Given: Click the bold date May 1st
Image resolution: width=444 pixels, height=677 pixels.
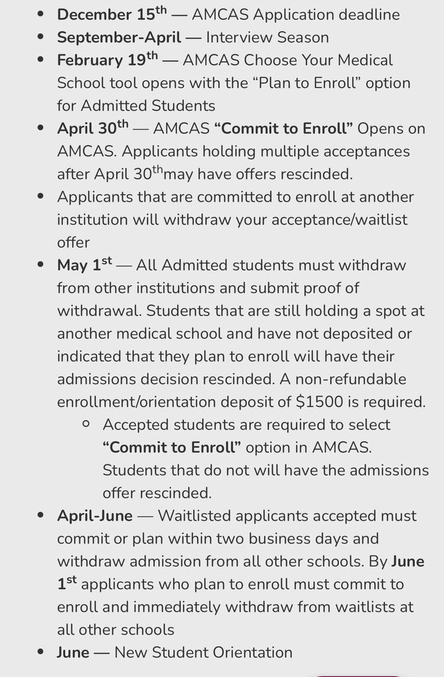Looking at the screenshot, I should (x=85, y=265).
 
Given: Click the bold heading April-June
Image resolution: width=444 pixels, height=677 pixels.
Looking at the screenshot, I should (x=94, y=515).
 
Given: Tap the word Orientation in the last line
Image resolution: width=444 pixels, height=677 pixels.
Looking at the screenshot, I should (x=252, y=653).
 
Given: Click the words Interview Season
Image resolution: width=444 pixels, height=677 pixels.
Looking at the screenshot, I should (x=268, y=37).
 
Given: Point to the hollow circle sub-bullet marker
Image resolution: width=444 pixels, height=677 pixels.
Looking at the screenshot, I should (x=85, y=424).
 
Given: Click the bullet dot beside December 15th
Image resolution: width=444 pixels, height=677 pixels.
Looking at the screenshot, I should (x=41, y=15).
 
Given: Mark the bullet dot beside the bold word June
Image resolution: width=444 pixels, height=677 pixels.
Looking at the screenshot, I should (x=41, y=653).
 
